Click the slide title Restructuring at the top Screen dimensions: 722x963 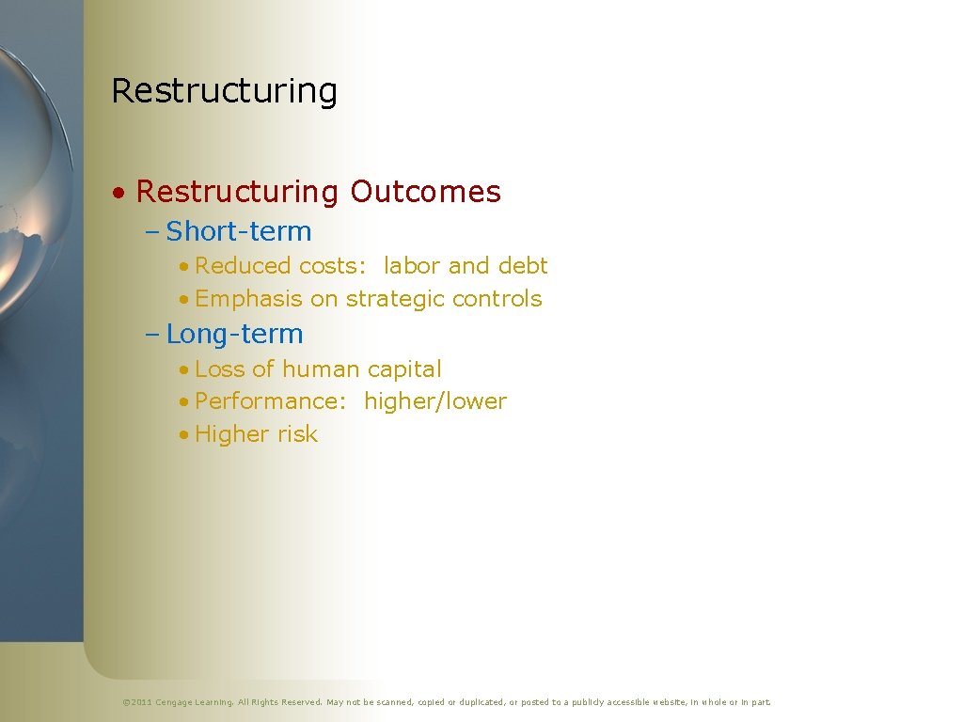point(224,91)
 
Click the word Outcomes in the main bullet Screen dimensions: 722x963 point(425,192)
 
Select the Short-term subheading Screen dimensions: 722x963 point(238,231)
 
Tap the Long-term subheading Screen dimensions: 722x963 point(234,334)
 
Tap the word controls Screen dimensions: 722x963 point(497,299)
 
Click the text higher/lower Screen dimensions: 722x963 point(435,401)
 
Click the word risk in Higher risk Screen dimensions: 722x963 point(297,434)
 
